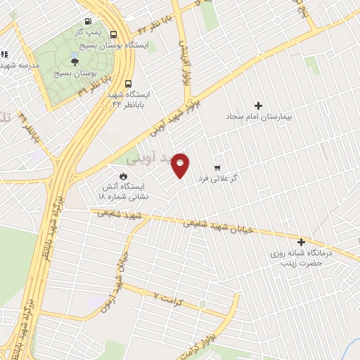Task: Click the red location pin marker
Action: click(181, 165)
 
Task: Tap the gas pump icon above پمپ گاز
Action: click(87, 22)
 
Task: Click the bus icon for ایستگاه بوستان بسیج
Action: click(114, 34)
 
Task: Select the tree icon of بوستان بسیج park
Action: click(75, 61)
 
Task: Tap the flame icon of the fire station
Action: click(124, 176)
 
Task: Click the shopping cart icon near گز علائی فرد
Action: click(218, 168)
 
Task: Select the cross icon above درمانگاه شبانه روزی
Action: click(301, 241)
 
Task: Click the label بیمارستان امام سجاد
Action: click(258, 116)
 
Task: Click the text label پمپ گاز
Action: click(89, 33)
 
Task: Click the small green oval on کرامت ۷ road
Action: click(202, 304)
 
